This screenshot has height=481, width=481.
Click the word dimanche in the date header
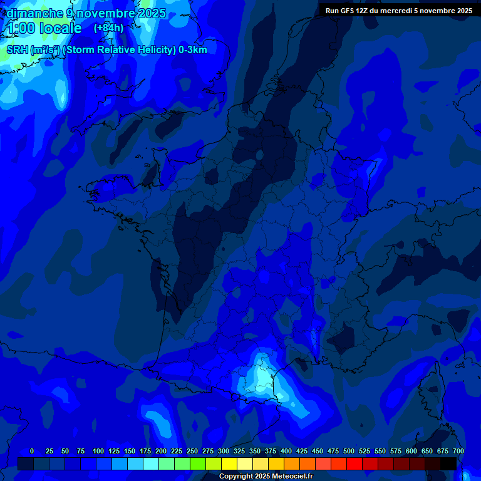pyautogui.click(x=34, y=13)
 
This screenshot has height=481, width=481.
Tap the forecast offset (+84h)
pyautogui.click(x=108, y=28)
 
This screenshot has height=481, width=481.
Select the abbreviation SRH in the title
pyautogui.click(x=17, y=50)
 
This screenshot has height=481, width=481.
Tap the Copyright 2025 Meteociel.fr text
pyautogui.click(x=266, y=477)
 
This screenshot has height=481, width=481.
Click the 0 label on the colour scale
pyautogui.click(x=32, y=451)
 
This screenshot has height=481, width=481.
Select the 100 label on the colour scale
pyautogui.click(x=98, y=451)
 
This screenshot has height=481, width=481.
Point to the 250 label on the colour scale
pyautogui.click(x=192, y=451)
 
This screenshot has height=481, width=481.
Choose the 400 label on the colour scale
pyautogui.click(x=286, y=451)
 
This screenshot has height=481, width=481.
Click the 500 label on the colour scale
pyautogui.click(x=349, y=451)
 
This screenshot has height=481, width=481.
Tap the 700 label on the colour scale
pyautogui.click(x=458, y=451)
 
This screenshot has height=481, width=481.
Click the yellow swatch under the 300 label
pyautogui.click(x=229, y=463)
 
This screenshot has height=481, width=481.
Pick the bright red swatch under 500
pyautogui.click(x=354, y=463)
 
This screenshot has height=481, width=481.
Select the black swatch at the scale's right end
pyautogui.click(x=448, y=463)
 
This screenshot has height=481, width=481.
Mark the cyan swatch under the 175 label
pyautogui.click(x=151, y=463)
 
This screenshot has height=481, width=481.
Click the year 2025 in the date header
pyautogui.click(x=152, y=13)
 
